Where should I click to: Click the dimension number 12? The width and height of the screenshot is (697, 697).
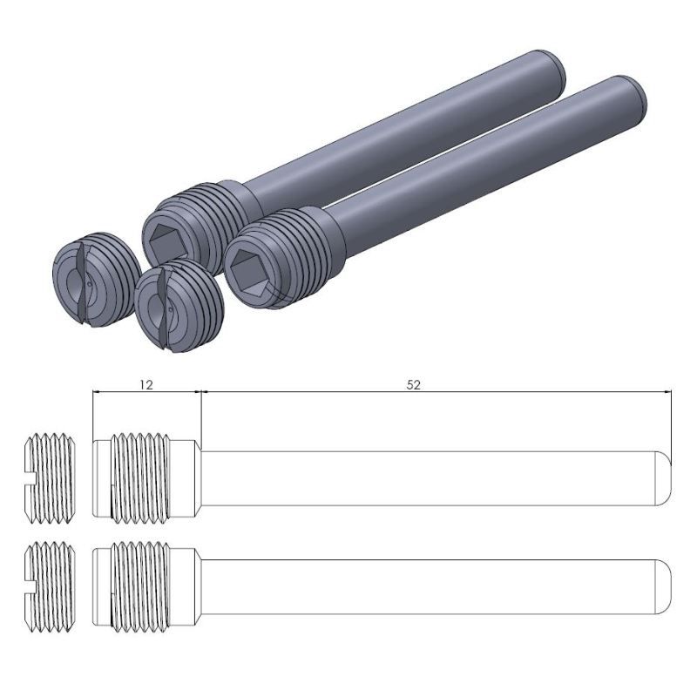point(146,384)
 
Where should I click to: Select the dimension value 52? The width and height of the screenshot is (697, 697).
point(414,384)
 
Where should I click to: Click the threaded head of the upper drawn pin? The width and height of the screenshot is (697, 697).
point(144,478)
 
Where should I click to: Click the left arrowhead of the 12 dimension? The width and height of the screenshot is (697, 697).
point(97,392)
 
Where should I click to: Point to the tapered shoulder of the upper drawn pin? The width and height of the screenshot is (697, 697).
point(198,478)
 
